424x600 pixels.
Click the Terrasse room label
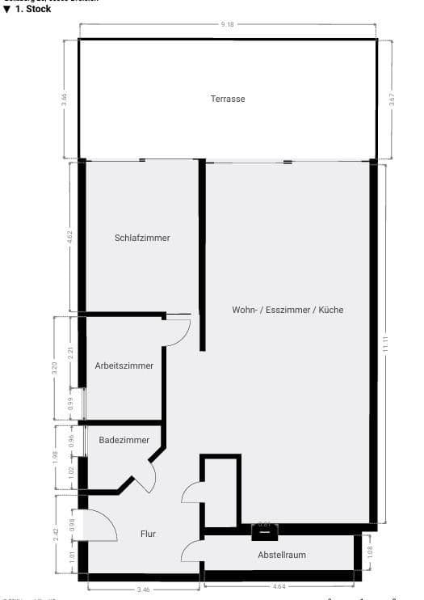[228, 99]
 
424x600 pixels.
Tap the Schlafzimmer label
[142, 238]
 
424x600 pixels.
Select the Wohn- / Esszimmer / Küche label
[288, 310]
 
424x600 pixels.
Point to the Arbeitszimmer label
[124, 365]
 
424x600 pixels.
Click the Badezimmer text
[124, 440]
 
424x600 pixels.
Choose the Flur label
[147, 534]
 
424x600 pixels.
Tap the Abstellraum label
[282, 555]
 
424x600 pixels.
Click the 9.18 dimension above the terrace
[228, 26]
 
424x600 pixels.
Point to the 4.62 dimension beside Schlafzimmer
[70, 237]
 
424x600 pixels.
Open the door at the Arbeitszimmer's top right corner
[178, 331]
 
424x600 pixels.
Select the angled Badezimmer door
[145, 478]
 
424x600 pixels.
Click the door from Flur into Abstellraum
[192, 550]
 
